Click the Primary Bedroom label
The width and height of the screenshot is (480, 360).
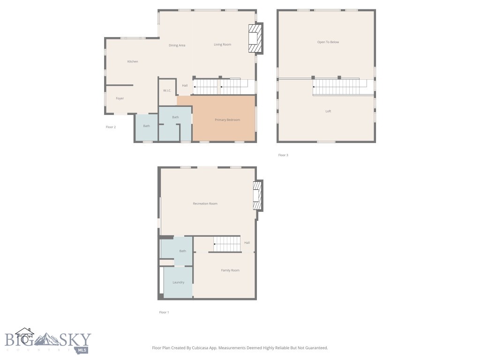click(227, 120)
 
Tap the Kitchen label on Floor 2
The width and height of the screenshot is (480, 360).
click(133, 62)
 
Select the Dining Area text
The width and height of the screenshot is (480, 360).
click(177, 45)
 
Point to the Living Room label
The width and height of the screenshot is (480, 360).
click(223, 45)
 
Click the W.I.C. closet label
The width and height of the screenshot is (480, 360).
click(167, 90)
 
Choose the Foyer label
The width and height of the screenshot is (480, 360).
click(120, 98)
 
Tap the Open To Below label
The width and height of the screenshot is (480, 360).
click(328, 42)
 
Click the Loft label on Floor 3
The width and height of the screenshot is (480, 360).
click(328, 112)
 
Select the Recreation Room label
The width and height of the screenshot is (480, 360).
click(205, 204)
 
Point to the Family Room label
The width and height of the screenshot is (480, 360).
click(230, 270)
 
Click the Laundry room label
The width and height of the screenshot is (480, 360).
click(178, 283)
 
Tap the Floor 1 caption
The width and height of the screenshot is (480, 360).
click(164, 312)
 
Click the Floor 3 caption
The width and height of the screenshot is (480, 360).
click(283, 155)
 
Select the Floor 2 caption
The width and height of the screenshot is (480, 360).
click(111, 127)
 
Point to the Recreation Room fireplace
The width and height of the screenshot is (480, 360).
click(257, 195)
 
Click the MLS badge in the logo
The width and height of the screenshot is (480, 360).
click(82, 350)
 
